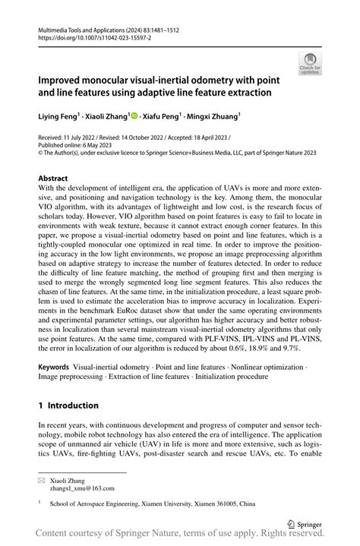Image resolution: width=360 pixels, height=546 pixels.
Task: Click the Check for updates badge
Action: click(x=310, y=64)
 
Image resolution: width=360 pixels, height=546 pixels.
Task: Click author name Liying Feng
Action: click(x=59, y=116)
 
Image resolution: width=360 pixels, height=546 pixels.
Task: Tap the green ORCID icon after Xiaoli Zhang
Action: click(x=134, y=116)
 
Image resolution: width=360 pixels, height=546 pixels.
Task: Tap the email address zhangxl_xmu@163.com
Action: click(x=82, y=489)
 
